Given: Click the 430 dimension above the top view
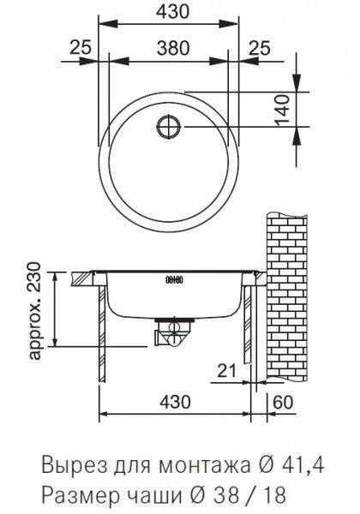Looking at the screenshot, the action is coord(173,11).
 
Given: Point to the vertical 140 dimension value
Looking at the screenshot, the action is coord(282,111).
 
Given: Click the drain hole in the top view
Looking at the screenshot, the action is coord(169,127).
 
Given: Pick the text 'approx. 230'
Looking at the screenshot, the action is coord(35,311).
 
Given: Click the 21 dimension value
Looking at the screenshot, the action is coord(227,371).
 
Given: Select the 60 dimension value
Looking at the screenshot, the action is coord(282,403).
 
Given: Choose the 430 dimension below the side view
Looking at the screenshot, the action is coord(173,402).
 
